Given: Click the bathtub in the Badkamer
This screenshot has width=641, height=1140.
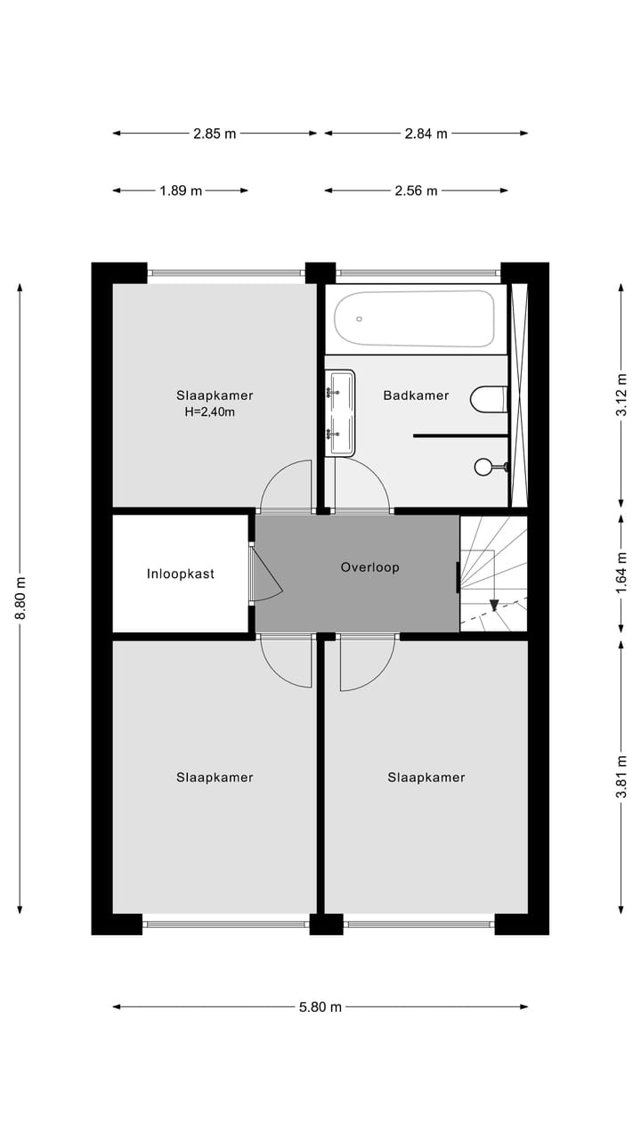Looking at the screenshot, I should [415, 319].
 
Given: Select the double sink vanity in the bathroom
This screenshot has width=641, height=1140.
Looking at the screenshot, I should [340, 412].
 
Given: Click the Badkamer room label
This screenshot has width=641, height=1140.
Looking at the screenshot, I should [416, 395].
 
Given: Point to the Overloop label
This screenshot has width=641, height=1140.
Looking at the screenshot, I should [369, 567].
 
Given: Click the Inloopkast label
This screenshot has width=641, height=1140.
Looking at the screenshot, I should [181, 574].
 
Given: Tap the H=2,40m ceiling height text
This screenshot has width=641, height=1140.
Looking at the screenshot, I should [211, 412].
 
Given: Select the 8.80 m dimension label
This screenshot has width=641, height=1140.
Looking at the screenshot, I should [20, 598].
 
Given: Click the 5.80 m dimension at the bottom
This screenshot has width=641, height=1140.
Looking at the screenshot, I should [320, 1007].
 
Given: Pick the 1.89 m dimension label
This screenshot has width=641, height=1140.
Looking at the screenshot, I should [181, 191].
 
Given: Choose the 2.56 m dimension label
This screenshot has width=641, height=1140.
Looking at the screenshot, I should [416, 191].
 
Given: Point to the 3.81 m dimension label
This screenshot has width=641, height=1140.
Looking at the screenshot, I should [621, 777].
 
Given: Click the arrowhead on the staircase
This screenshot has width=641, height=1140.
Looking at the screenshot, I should [493, 606].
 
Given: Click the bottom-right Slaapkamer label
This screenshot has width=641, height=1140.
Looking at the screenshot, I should [426, 778].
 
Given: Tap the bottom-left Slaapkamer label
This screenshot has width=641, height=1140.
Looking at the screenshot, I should [215, 778].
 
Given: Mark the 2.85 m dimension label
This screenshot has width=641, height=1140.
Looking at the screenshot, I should [215, 134].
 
